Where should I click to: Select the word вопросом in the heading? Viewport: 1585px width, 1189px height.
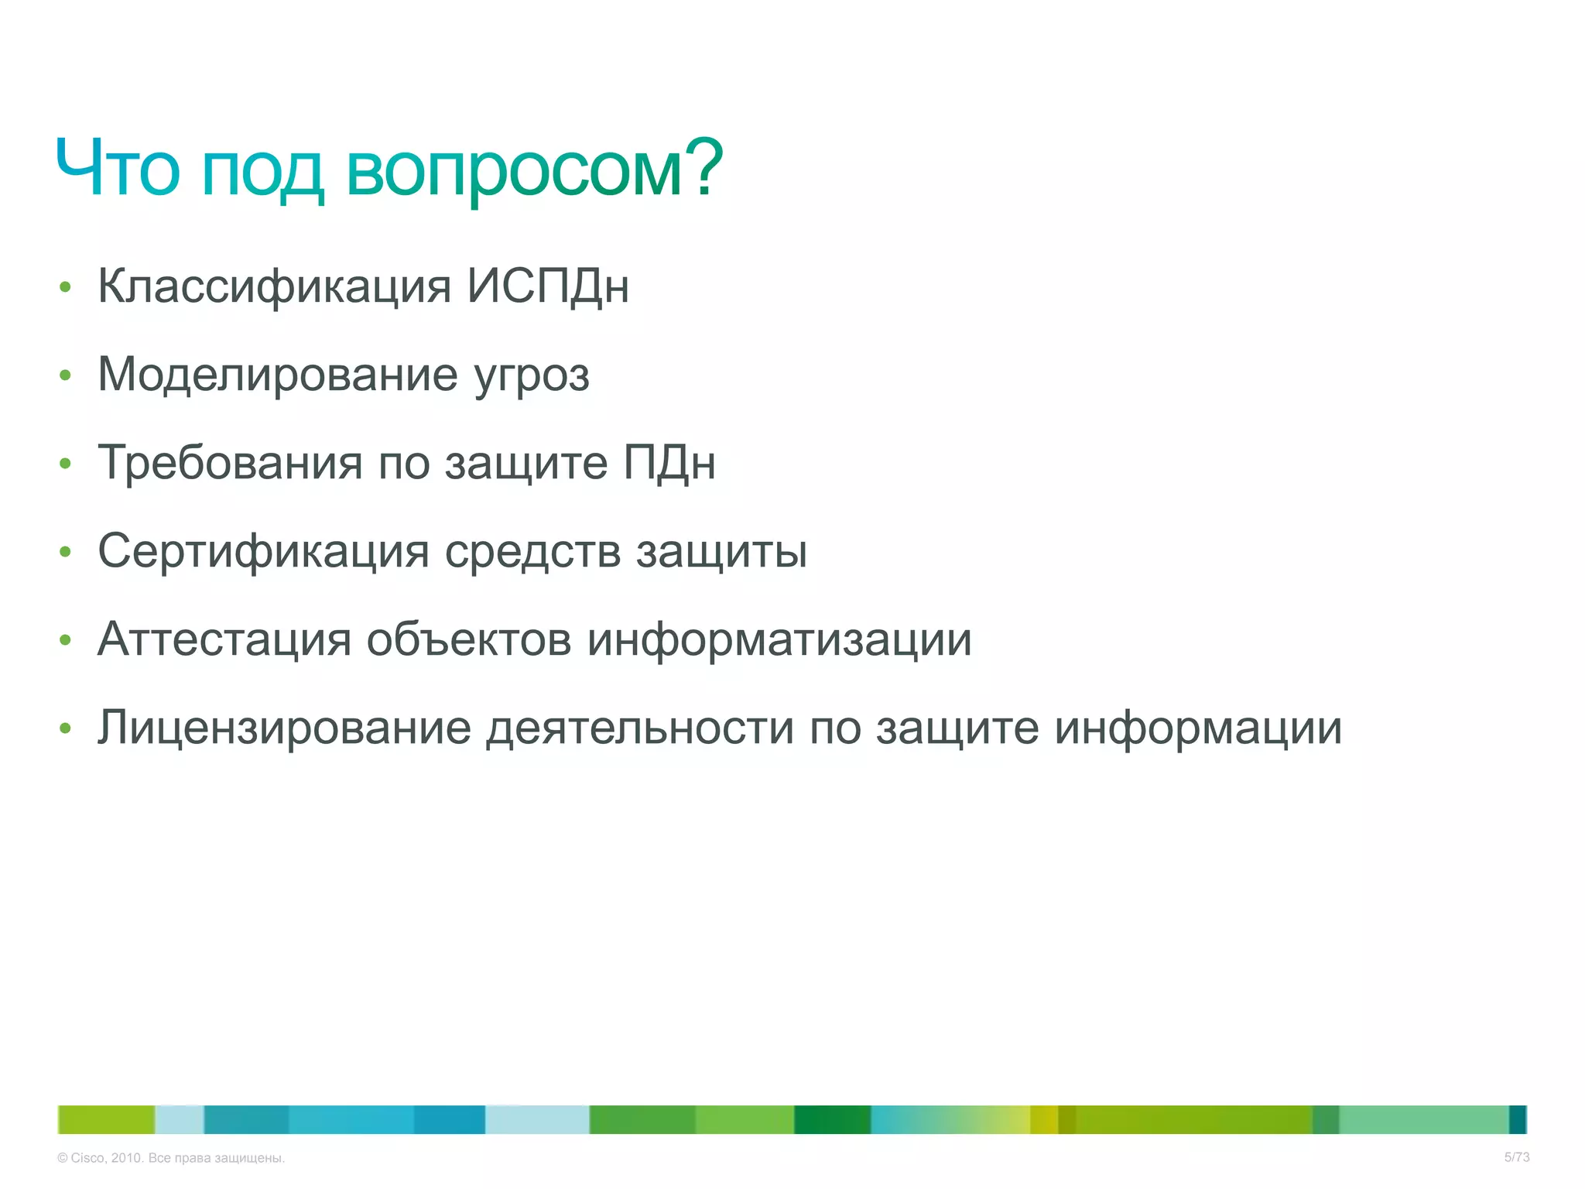pyautogui.click(x=514, y=172)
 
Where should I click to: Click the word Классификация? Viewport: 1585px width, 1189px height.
pyautogui.click(x=274, y=286)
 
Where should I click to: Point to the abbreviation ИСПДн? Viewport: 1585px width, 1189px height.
pyautogui.click(x=548, y=286)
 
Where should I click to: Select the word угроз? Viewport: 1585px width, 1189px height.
pyautogui.click(x=532, y=378)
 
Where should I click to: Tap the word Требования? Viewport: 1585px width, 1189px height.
pyautogui.click(x=230, y=463)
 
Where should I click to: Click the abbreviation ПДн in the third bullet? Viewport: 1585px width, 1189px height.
pyautogui.click(x=669, y=463)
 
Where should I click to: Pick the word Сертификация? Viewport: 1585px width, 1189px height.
pyautogui.click(x=263, y=551)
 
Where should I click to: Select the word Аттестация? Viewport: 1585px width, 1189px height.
pyautogui.click(x=224, y=639)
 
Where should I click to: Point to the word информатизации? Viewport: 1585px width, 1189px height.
pyautogui.click(x=779, y=641)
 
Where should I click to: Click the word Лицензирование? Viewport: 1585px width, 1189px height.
pyautogui.click(x=284, y=728)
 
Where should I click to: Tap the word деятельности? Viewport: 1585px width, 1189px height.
pyautogui.click(x=639, y=728)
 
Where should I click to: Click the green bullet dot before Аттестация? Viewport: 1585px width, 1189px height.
pyautogui.click(x=66, y=640)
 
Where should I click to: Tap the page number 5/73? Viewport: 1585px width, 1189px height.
pyautogui.click(x=1516, y=1157)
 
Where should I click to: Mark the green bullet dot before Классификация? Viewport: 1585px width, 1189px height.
pyautogui.click(x=66, y=287)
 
